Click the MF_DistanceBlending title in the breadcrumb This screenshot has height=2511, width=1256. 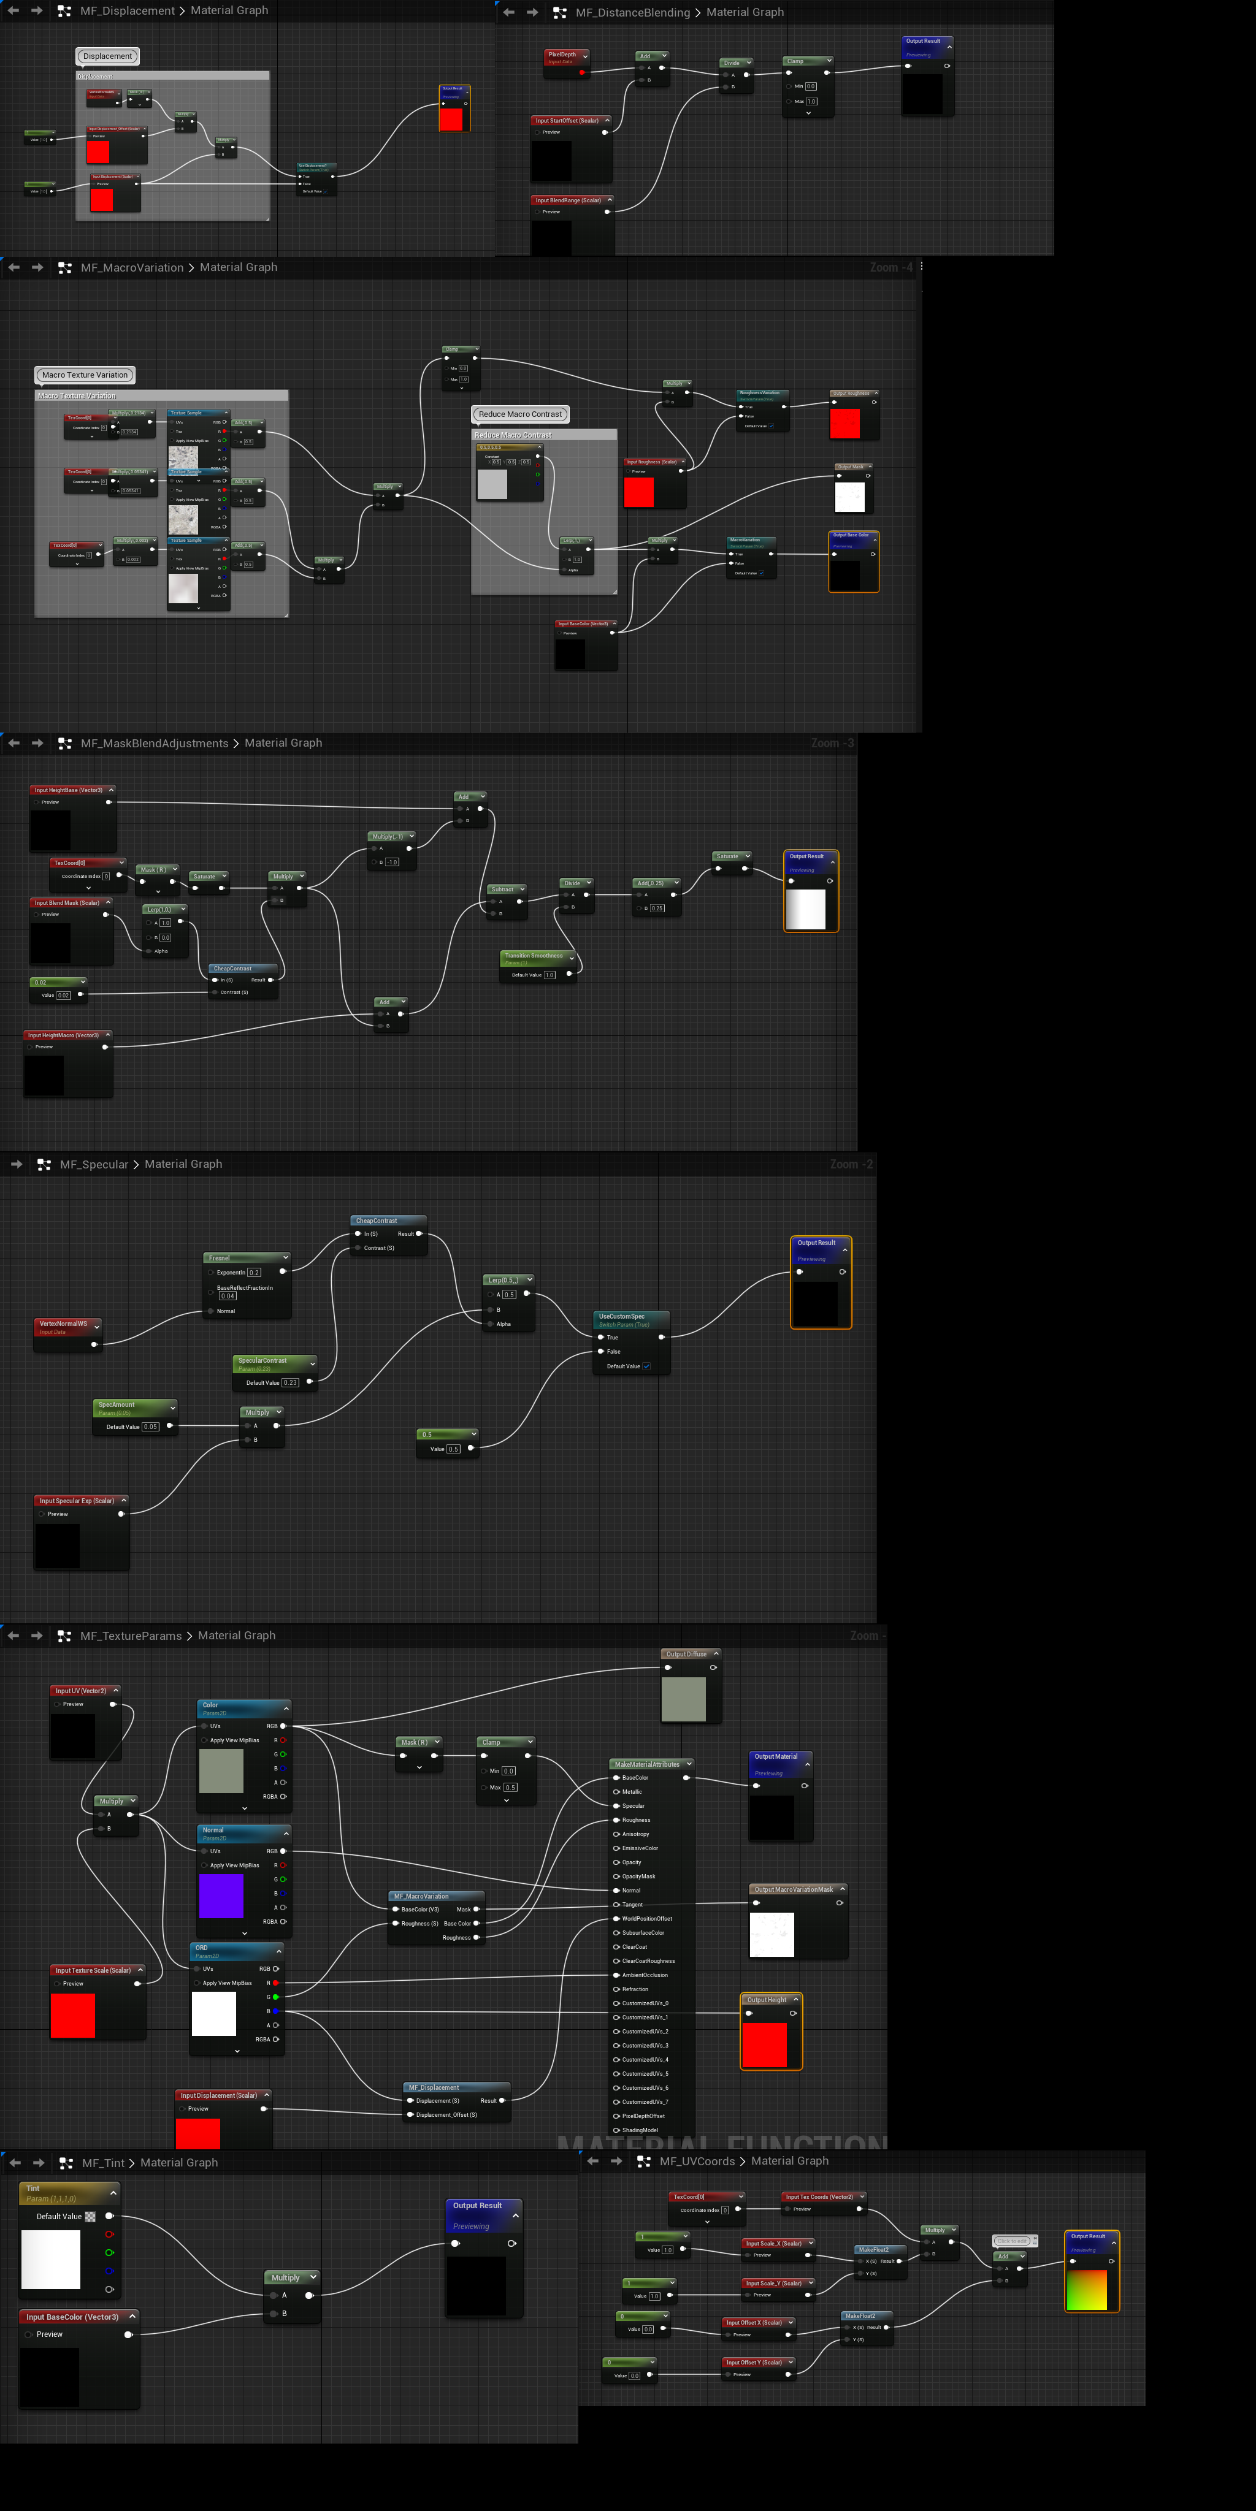tap(632, 13)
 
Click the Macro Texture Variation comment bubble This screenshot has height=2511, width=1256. tap(85, 375)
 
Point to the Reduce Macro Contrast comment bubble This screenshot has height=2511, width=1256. tap(520, 414)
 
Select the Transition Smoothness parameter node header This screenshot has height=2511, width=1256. tap(534, 956)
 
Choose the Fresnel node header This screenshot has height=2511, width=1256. tap(244, 1257)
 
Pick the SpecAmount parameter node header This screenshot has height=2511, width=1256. tap(132, 1404)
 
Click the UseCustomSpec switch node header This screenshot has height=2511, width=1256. tap(629, 1317)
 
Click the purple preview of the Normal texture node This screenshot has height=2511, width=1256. tap(221, 1896)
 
